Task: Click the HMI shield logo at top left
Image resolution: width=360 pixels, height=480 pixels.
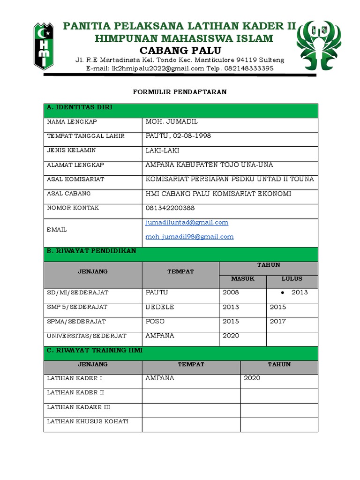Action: [44, 45]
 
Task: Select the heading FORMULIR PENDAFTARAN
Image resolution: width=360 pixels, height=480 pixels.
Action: [180, 92]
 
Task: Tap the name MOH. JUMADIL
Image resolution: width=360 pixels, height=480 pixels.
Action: [172, 122]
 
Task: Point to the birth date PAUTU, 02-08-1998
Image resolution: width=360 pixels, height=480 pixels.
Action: [178, 136]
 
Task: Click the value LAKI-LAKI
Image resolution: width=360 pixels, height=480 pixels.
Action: [162, 150]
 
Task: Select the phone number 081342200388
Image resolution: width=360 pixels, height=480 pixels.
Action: [170, 208]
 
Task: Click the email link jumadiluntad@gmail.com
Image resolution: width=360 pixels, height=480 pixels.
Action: [187, 223]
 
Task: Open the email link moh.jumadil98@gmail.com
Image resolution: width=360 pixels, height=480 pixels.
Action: [189, 237]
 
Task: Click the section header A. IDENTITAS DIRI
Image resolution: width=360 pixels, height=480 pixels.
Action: [79, 108]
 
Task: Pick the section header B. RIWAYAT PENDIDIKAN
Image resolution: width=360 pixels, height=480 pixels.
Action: [91, 251]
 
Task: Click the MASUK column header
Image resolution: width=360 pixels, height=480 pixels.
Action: [243, 279]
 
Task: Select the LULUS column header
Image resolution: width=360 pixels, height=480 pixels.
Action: [292, 279]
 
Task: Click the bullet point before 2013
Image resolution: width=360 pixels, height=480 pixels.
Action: [284, 293]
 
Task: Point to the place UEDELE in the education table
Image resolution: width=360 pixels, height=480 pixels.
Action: [160, 307]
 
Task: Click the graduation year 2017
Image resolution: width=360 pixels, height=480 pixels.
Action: [277, 322]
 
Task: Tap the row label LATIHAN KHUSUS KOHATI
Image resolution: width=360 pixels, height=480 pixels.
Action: [88, 421]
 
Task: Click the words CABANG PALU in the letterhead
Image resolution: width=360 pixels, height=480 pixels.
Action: [180, 50]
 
